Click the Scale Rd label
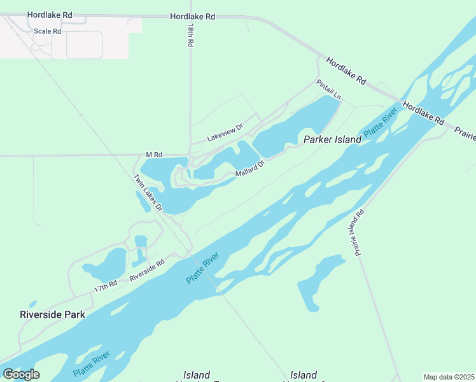click(x=48, y=31)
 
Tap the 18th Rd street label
click(x=190, y=36)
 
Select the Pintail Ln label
click(x=329, y=89)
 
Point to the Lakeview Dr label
click(x=225, y=133)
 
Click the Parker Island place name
click(x=328, y=139)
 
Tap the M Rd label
click(x=154, y=155)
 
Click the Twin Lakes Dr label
click(x=148, y=193)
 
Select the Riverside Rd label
click(x=147, y=270)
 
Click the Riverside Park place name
click(x=52, y=315)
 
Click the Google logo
click(x=21, y=374)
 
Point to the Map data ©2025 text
click(x=449, y=377)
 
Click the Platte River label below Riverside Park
click(x=91, y=363)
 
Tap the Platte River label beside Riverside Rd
click(x=203, y=268)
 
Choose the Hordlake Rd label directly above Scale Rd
click(x=50, y=13)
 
